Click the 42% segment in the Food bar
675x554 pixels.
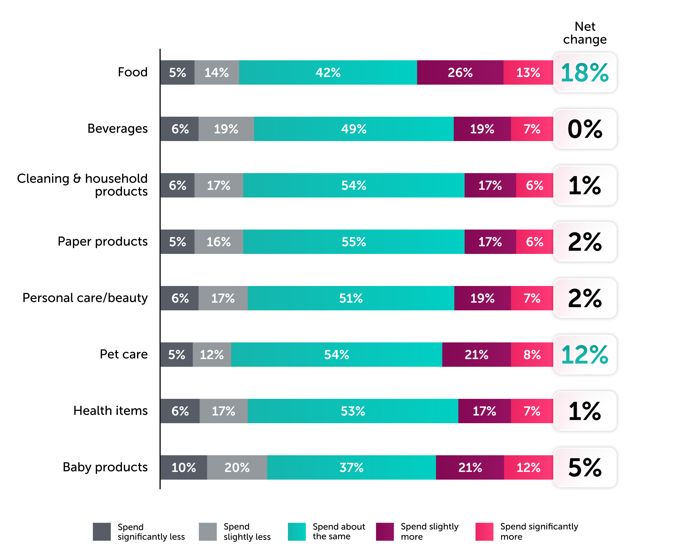pyautogui.click(x=328, y=72)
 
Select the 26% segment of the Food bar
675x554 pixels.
pyautogui.click(x=460, y=72)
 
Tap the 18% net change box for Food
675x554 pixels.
pyautogui.click(x=585, y=73)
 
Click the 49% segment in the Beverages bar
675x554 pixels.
pyautogui.click(x=354, y=129)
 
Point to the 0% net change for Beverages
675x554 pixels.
pyautogui.click(x=585, y=129)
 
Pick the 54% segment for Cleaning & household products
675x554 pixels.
pyautogui.click(x=354, y=185)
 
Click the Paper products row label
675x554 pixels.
pyautogui.click(x=102, y=241)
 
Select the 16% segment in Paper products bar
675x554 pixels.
pyautogui.click(x=218, y=242)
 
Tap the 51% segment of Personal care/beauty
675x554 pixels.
pyautogui.click(x=351, y=298)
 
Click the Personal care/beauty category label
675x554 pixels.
pyautogui.click(x=85, y=298)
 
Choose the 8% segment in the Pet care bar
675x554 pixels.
pyautogui.click(x=532, y=355)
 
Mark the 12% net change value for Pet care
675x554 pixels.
pyautogui.click(x=585, y=355)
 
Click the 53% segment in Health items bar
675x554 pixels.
pyautogui.click(x=353, y=411)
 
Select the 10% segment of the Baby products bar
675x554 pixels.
pyautogui.click(x=183, y=467)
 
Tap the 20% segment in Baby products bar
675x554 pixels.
pyautogui.click(x=237, y=467)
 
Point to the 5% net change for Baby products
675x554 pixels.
pyautogui.click(x=585, y=467)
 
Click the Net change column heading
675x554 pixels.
pyautogui.click(x=585, y=33)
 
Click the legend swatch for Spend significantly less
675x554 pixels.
pyautogui.click(x=102, y=532)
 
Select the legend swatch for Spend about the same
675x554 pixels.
pyautogui.click(x=297, y=532)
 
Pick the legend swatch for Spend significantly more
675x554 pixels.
pyautogui.click(x=484, y=532)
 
